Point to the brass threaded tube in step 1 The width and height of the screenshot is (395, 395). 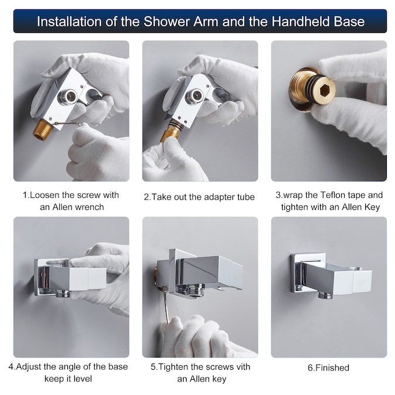[x=43, y=130]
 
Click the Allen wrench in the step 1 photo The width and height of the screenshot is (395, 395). [x=67, y=123]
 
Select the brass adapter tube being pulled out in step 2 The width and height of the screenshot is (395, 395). [x=170, y=131]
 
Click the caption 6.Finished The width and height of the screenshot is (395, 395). [x=328, y=368]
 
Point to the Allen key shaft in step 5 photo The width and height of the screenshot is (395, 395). [x=165, y=305]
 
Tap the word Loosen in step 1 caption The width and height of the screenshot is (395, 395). [x=45, y=195]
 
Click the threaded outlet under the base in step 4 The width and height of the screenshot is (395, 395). [x=63, y=293]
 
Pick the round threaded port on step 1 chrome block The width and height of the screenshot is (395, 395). [x=68, y=97]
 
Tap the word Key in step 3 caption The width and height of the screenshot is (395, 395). [x=372, y=207]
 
